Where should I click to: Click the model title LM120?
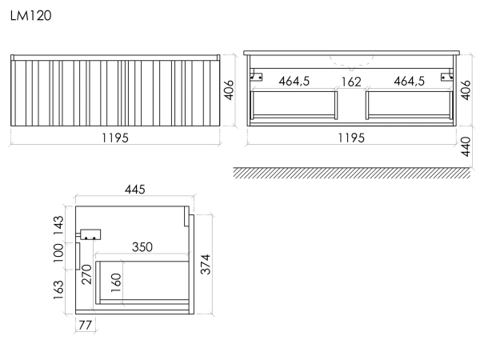[x=31, y=16]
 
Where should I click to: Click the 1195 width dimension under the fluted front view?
[x=115, y=138]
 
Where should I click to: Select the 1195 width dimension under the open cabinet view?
[x=351, y=138]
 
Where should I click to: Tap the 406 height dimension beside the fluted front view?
[x=229, y=90]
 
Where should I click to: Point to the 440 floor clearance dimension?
[x=466, y=146]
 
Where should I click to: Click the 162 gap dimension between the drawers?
[x=351, y=82]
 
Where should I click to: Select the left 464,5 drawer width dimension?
[x=294, y=81]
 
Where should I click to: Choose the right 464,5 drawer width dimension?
[x=410, y=81]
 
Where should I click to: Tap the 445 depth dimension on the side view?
[x=135, y=190]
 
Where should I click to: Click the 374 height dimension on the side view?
[x=206, y=264]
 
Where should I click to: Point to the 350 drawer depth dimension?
[x=142, y=247]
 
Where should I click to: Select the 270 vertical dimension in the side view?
[x=86, y=274]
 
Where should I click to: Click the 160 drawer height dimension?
[x=116, y=283]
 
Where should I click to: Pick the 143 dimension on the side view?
[x=58, y=226]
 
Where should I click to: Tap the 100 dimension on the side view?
[x=58, y=253]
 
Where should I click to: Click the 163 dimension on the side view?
[x=58, y=290]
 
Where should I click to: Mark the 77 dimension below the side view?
[x=85, y=325]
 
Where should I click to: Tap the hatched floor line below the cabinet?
[x=352, y=173]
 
